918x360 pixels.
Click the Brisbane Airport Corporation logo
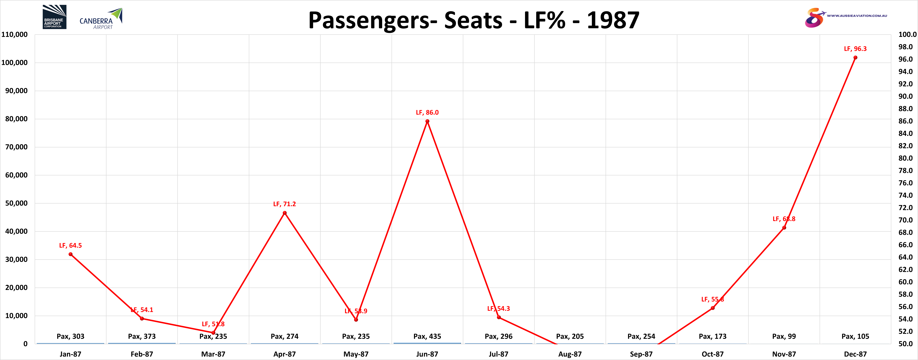pyautogui.click(x=54, y=17)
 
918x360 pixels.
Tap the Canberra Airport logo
pyautogui.click(x=101, y=19)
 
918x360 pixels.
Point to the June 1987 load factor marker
pyautogui.click(x=427, y=121)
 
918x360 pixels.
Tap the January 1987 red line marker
pyautogui.click(x=71, y=254)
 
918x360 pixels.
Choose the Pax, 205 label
pyautogui.click(x=570, y=336)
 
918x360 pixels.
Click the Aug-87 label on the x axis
pyautogui.click(x=570, y=354)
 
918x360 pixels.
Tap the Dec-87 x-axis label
pyautogui.click(x=855, y=354)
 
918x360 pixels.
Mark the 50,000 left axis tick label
pyautogui.click(x=16, y=203)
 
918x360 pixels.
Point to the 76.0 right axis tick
pyautogui.click(x=905, y=183)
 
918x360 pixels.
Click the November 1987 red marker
pyautogui.click(x=784, y=227)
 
